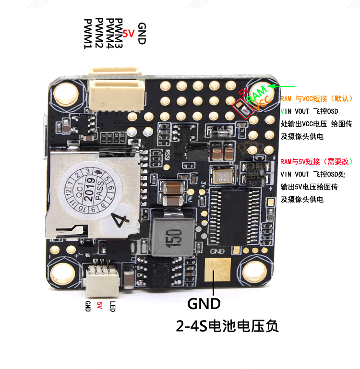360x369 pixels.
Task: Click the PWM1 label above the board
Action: point(88,34)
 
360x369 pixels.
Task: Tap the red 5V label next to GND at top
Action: point(128,34)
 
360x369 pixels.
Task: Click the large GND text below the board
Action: point(204,303)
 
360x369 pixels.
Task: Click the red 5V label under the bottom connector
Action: point(100,306)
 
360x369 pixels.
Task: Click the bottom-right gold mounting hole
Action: point(255,272)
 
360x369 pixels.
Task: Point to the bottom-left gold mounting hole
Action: point(61,272)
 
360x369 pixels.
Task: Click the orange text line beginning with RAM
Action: point(316,98)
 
